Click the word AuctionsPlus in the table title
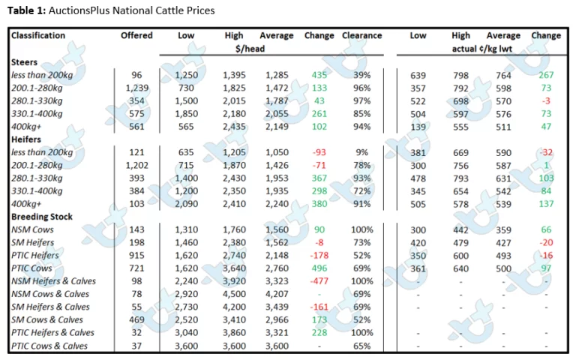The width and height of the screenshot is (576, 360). coord(79,10)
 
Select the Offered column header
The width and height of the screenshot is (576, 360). coord(136,35)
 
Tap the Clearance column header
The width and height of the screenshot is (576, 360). coord(361,35)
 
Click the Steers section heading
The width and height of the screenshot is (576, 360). coord(24,62)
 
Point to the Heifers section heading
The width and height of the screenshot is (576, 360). coord(26,139)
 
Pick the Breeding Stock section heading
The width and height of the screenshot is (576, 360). coord(42,216)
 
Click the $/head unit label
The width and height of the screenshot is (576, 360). coord(250,49)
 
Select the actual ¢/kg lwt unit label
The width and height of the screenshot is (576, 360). coord(482,49)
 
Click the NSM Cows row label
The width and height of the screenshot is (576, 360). coord(32,229)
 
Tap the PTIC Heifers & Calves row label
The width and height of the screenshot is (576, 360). coord(52,332)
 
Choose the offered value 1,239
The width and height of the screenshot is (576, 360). coord(136,88)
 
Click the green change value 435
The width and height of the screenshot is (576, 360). coord(319,75)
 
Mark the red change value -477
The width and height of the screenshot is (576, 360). coord(319,281)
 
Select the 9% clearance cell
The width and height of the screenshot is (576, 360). coord(361,152)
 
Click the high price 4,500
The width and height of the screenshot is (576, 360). coord(234,294)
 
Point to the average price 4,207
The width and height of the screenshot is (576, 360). coord(277,294)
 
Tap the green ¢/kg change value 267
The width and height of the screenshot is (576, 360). coord(546,75)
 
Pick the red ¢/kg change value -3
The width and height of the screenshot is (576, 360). coord(546,101)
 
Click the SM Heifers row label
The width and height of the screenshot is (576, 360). coord(32,242)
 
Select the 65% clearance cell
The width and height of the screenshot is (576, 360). coord(361,346)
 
